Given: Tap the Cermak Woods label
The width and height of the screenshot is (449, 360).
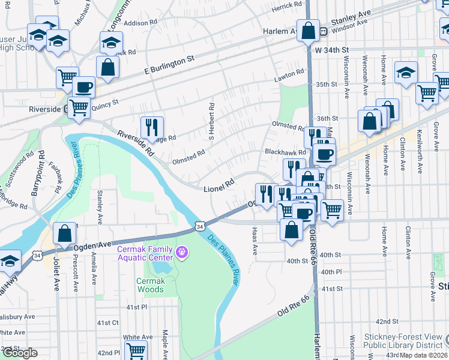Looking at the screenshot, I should [x=149, y=285].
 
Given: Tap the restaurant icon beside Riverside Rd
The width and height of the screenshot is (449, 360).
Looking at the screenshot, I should [x=152, y=127].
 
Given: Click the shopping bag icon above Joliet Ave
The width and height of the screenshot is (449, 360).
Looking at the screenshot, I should [x=64, y=233].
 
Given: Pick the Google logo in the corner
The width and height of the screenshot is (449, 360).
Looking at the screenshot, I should [x=20, y=353].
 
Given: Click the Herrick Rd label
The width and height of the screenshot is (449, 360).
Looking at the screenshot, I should [x=286, y=5].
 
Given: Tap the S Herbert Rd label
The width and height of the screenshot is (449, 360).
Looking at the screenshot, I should [x=211, y=121].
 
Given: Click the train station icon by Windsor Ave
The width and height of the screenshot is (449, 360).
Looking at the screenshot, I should [x=323, y=31].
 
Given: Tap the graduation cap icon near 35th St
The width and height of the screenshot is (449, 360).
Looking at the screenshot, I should [x=406, y=72].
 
